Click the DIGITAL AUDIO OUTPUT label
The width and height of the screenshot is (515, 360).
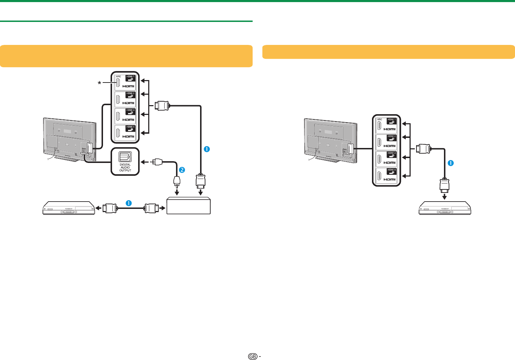pos(125,167)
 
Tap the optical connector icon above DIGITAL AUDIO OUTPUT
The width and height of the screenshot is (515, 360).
pos(125,156)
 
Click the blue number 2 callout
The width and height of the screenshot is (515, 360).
pos(181,170)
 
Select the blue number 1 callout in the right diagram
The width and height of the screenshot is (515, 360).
pos(451,163)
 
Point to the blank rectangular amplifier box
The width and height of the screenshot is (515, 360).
pos(189,206)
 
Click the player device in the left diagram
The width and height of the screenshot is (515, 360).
pos(69,208)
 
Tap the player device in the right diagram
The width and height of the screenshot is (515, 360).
pos(444,208)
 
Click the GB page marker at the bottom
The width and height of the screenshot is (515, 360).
pos(253,356)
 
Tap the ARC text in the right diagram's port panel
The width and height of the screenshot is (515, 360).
pos(380,119)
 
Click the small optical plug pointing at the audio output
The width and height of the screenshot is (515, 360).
pos(157,162)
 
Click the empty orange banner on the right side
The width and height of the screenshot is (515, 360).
pos(388,52)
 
